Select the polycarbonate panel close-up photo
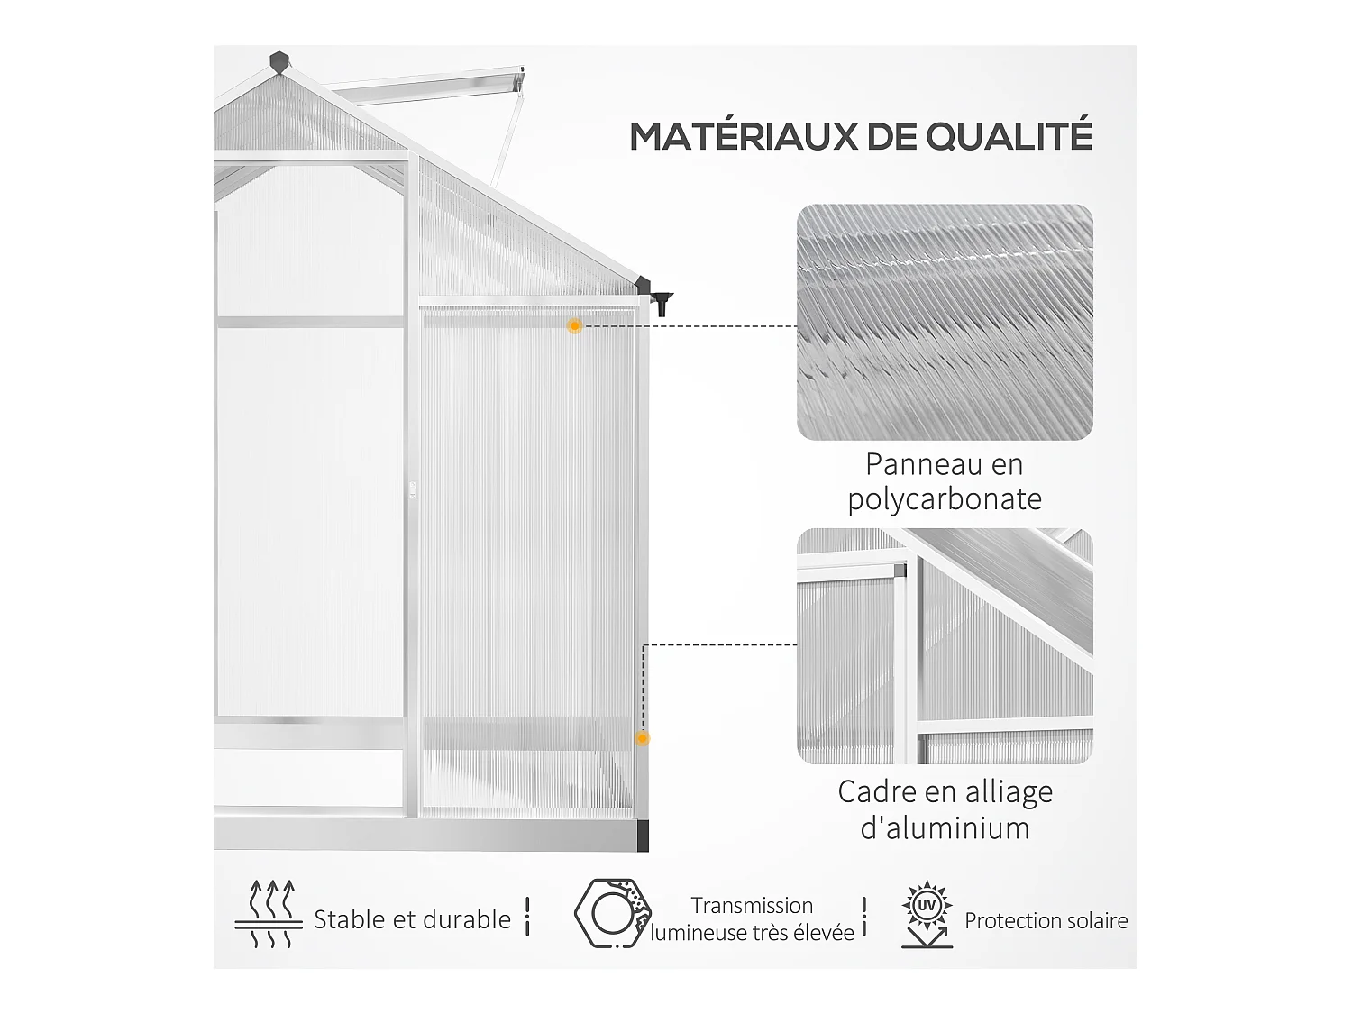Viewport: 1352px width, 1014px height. tap(945, 323)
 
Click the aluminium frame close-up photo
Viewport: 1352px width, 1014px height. tap(945, 645)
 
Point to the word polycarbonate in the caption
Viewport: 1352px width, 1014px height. tap(945, 499)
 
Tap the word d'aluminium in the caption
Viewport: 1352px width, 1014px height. tap(945, 827)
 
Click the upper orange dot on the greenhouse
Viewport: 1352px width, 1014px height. tap(574, 326)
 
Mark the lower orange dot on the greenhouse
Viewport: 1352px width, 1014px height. tap(642, 738)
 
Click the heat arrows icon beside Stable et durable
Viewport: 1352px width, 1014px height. tap(269, 915)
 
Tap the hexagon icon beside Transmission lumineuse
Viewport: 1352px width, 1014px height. tap(610, 913)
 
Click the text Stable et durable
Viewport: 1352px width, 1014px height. tap(412, 919)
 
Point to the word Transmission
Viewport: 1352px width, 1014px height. tap(752, 905)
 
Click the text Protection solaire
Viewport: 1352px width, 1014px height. tap(1046, 920)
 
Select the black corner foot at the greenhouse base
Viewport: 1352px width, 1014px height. tap(643, 836)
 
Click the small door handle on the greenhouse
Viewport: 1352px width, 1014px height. tap(414, 489)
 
